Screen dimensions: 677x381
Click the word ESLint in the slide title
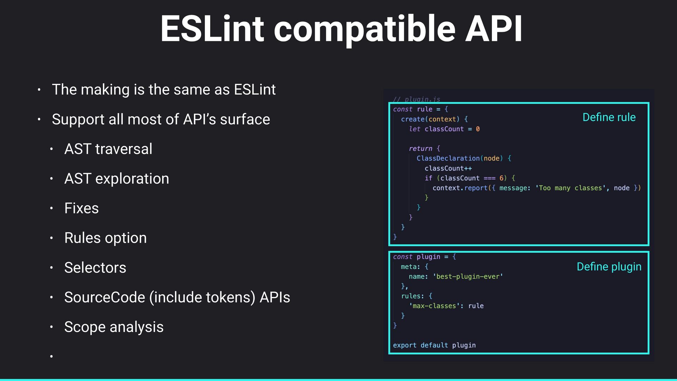tap(212, 29)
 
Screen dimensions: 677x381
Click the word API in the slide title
tap(494, 29)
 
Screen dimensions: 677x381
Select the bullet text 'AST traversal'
tap(108, 149)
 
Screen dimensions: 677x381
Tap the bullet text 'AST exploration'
tap(117, 179)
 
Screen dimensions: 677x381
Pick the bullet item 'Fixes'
tap(81, 208)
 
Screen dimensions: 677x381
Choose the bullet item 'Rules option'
tap(105, 238)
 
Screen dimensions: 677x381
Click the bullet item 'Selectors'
tap(95, 267)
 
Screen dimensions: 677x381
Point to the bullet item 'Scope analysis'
tap(114, 327)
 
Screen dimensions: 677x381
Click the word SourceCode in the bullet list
tap(105, 297)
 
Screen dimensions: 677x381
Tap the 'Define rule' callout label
tap(609, 117)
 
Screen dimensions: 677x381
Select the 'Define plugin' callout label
tap(609, 267)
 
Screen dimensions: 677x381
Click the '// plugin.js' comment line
tap(417, 99)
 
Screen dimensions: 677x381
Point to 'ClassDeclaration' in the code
tap(448, 158)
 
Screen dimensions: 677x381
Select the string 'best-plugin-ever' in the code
tap(468, 277)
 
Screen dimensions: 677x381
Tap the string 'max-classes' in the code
tap(434, 306)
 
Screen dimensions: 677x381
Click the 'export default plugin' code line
tap(434, 345)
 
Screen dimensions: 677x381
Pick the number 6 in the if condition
tap(501, 178)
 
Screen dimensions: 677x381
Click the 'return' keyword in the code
tap(420, 149)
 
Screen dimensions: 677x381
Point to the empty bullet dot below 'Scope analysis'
tap(51, 356)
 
